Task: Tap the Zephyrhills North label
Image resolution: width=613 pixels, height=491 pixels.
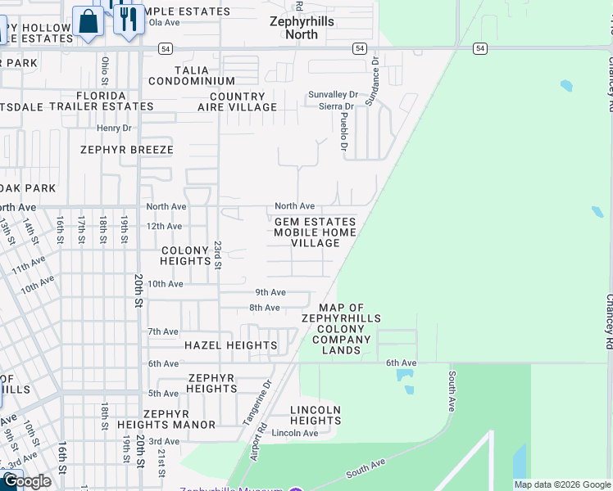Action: coord(302,28)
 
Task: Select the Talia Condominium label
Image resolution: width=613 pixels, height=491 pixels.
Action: coord(192,76)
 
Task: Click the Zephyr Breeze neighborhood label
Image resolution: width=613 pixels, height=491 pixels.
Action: coord(126,150)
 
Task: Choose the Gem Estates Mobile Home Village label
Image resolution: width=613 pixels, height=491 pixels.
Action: coord(315,232)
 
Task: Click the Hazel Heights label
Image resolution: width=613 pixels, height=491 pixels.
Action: coord(230,345)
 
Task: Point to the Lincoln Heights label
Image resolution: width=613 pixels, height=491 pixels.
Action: coord(316,415)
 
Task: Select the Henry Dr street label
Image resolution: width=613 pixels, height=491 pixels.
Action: coord(114,128)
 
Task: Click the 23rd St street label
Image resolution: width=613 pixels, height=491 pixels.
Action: coord(218,255)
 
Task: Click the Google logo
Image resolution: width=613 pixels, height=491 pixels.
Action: coord(26,481)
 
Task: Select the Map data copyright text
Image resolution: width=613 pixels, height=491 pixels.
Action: coord(561,484)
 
